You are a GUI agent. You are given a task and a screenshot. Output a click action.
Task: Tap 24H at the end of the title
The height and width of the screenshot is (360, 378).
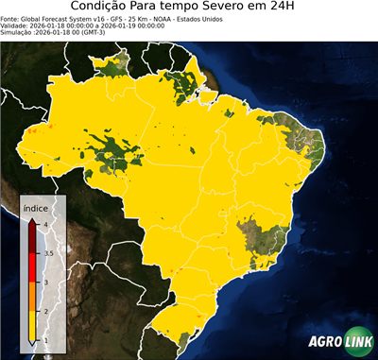coord(294,8)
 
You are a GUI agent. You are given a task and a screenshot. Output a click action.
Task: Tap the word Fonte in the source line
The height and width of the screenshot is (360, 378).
coord(10,18)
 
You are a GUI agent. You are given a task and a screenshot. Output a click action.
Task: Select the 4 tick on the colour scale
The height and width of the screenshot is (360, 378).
coord(44,224)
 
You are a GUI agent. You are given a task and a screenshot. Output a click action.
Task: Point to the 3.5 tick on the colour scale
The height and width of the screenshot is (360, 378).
coord(47,253)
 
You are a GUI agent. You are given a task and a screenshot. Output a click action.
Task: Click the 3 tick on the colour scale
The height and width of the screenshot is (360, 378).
coord(44,283)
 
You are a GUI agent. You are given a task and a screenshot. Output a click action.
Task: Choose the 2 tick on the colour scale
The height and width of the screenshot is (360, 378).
coord(44,311)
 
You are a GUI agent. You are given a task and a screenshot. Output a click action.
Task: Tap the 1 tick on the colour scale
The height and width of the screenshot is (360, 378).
coord(44,340)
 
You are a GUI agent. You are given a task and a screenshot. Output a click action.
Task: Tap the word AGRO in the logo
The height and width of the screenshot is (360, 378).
coord(324,342)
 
